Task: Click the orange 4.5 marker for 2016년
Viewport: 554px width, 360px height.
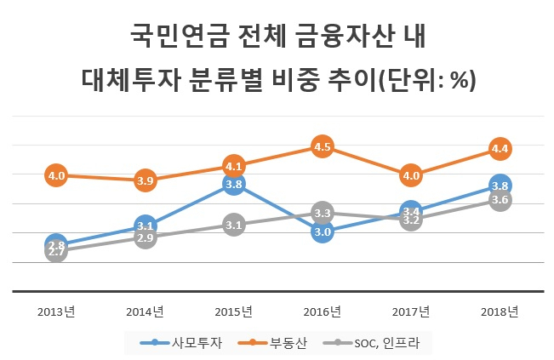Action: (x=323, y=146)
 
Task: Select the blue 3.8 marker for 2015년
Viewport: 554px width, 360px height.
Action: (x=234, y=184)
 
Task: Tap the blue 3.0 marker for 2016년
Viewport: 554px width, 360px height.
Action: (x=323, y=231)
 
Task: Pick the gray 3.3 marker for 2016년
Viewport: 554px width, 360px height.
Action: (x=323, y=213)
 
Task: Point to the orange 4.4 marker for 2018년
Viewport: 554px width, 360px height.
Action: (x=500, y=149)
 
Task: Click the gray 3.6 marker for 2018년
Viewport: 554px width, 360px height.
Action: (x=500, y=200)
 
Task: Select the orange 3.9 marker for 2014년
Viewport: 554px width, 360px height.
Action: (x=146, y=180)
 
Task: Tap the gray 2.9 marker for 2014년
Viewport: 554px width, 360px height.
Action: (x=146, y=237)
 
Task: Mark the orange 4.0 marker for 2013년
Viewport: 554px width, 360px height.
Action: (x=56, y=175)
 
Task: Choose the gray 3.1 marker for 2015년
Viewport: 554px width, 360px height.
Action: (x=234, y=225)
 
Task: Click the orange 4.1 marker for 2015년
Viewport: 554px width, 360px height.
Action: (x=234, y=166)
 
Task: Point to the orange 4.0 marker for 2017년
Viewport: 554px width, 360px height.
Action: (x=411, y=175)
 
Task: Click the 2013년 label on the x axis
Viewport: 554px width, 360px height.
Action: (x=56, y=311)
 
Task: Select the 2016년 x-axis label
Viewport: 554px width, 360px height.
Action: (x=323, y=311)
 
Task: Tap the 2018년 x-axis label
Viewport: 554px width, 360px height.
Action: (x=500, y=311)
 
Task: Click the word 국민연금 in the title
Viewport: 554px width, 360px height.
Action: (x=180, y=36)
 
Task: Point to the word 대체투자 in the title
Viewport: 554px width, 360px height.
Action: (x=131, y=80)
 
